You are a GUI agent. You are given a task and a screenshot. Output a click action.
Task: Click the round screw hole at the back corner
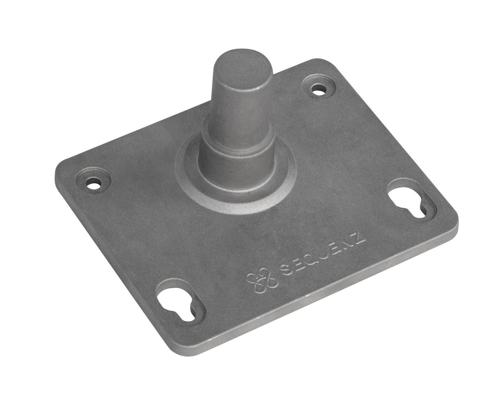click(x=318, y=88)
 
